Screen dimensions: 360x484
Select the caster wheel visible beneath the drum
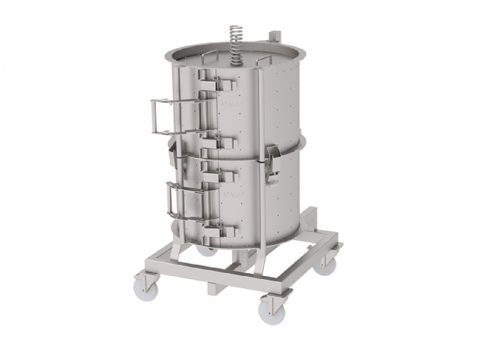pos(205,248)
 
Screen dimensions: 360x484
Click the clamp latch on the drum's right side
pos(273,162)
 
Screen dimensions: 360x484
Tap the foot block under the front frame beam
pos(216,289)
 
